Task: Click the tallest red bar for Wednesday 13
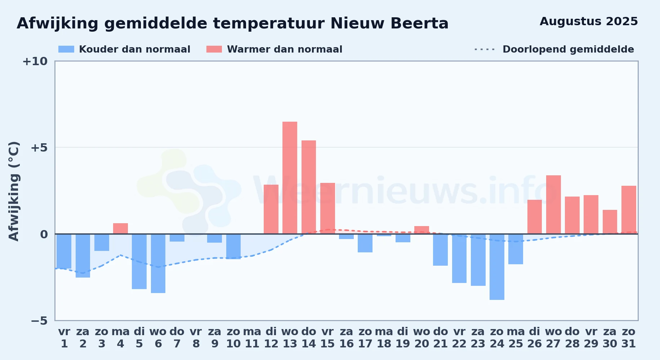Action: (290, 178)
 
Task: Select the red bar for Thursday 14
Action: (309, 187)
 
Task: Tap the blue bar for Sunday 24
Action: (497, 267)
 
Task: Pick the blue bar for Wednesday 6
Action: (158, 264)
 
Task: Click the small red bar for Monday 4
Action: (120, 229)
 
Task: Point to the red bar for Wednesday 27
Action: (553, 204)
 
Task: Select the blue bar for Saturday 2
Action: (83, 256)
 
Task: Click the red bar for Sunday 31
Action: (629, 210)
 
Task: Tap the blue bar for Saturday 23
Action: (478, 260)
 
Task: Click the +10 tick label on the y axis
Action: (35, 61)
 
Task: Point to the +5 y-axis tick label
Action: (39, 148)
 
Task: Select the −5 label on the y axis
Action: (39, 321)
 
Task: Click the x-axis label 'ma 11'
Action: (252, 338)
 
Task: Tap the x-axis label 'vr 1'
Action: (64, 338)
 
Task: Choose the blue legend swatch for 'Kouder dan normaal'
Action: (66, 49)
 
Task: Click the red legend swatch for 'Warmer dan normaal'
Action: (214, 49)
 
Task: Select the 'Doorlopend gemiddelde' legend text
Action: (568, 49)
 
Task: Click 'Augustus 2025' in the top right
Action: (589, 22)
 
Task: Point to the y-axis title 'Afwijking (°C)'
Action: (14, 191)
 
